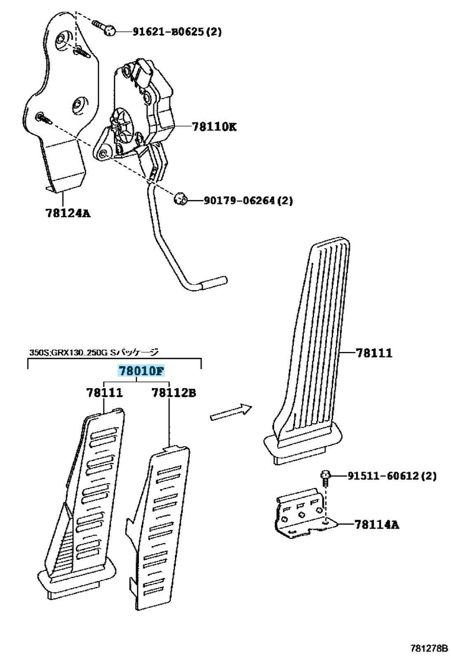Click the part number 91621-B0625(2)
click(177, 31)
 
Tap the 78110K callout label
click(214, 126)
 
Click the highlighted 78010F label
click(142, 371)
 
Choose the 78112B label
click(174, 392)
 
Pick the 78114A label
click(376, 524)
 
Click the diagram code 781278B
click(428, 648)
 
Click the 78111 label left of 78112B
click(104, 392)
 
